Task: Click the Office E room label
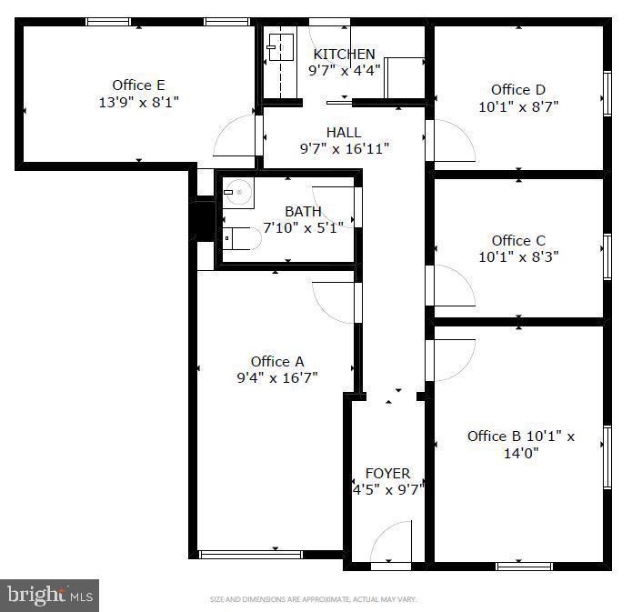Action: click(x=138, y=85)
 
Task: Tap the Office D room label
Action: click(x=517, y=89)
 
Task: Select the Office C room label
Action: click(x=517, y=240)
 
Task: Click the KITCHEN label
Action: click(x=344, y=55)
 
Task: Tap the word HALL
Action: click(x=343, y=133)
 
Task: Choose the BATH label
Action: click(x=303, y=211)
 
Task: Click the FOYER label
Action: click(x=387, y=473)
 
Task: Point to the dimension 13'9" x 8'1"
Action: click(x=138, y=102)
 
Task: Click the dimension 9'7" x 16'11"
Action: click(x=344, y=149)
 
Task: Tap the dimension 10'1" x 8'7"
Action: click(x=517, y=105)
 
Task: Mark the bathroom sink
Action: click(x=238, y=192)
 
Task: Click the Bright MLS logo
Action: click(x=50, y=596)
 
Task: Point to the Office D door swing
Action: click(x=452, y=140)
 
